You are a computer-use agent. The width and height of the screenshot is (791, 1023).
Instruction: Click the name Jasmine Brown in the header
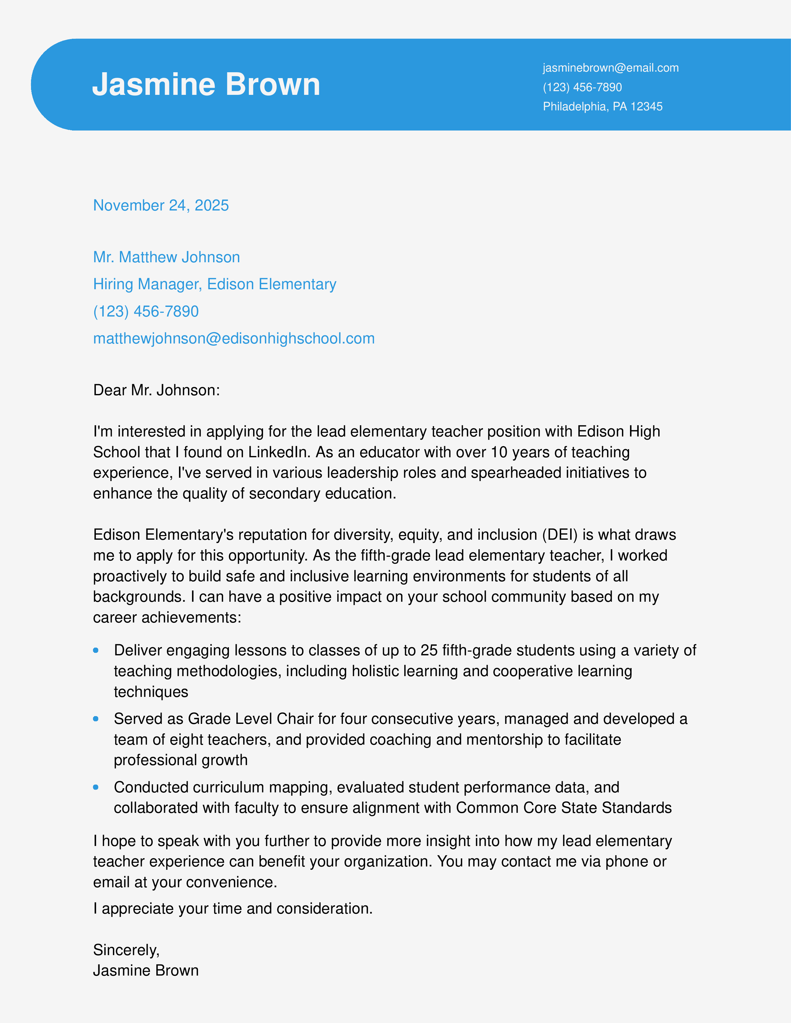[x=206, y=85]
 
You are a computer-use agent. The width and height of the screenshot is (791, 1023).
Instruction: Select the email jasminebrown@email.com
[x=610, y=68]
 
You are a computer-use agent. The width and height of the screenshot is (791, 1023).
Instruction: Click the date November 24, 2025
[x=161, y=205]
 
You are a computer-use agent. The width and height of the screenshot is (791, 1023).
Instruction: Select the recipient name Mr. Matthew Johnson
[x=166, y=257]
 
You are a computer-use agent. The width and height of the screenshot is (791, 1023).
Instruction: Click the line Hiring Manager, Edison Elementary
[x=215, y=284]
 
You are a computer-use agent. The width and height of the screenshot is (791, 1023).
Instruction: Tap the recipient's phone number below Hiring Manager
[x=146, y=312]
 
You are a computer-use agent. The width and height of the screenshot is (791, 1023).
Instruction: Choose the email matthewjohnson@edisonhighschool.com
[x=234, y=339]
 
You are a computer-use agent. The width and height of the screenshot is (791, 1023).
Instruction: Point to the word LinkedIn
[x=279, y=452]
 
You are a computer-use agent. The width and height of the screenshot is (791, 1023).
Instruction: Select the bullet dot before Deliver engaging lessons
[x=96, y=650]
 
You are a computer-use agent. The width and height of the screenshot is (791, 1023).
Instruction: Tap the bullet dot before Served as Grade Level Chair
[x=96, y=719]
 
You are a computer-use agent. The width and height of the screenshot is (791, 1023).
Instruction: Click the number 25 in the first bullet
[x=429, y=650]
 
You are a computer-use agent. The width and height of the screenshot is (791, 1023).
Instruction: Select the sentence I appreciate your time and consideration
[x=233, y=909]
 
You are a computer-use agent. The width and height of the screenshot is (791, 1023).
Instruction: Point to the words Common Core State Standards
[x=564, y=808]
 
